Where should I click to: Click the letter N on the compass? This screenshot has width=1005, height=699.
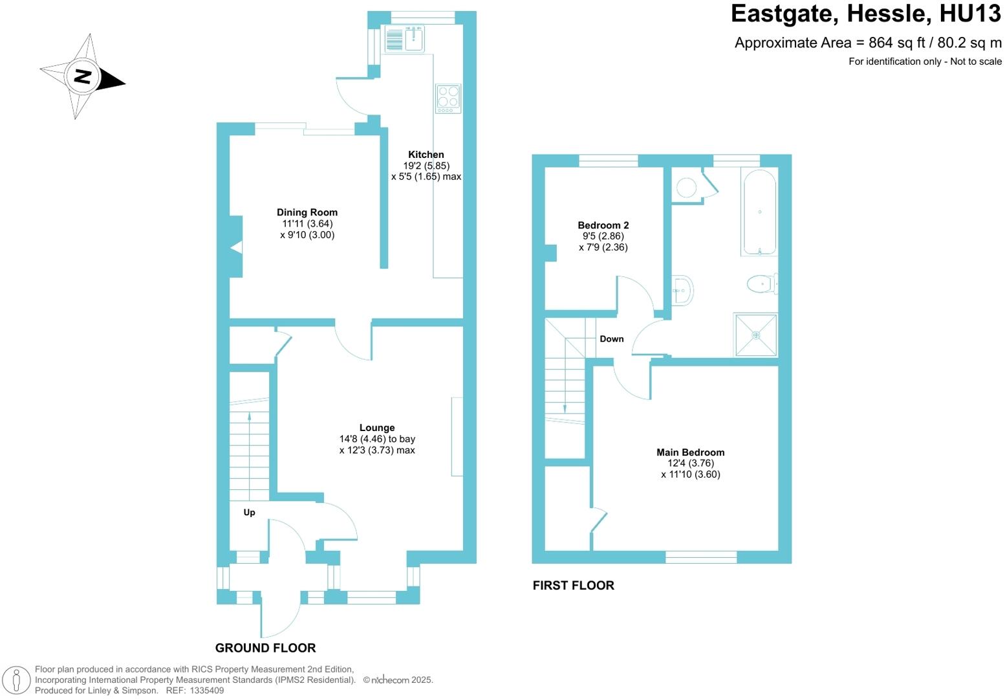click(82, 76)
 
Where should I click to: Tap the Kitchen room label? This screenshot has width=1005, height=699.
click(426, 155)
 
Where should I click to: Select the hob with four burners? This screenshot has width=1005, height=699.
click(448, 98)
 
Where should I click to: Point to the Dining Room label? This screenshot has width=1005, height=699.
click(307, 212)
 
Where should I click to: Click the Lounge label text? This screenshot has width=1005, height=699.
click(377, 428)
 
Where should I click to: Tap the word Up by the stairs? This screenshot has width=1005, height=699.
click(249, 513)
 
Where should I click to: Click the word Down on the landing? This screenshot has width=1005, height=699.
click(611, 339)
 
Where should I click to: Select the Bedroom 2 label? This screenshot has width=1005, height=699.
click(603, 225)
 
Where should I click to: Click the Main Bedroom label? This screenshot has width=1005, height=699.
click(690, 452)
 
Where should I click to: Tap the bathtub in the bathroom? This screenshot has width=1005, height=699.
click(759, 212)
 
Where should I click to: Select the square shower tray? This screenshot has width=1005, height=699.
click(755, 335)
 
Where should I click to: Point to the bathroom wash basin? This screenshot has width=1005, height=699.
click(682, 291)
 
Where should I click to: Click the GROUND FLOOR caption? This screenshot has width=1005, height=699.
click(265, 648)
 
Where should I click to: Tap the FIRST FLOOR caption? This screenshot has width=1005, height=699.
click(573, 586)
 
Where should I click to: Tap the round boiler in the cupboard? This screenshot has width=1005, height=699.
click(686, 188)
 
